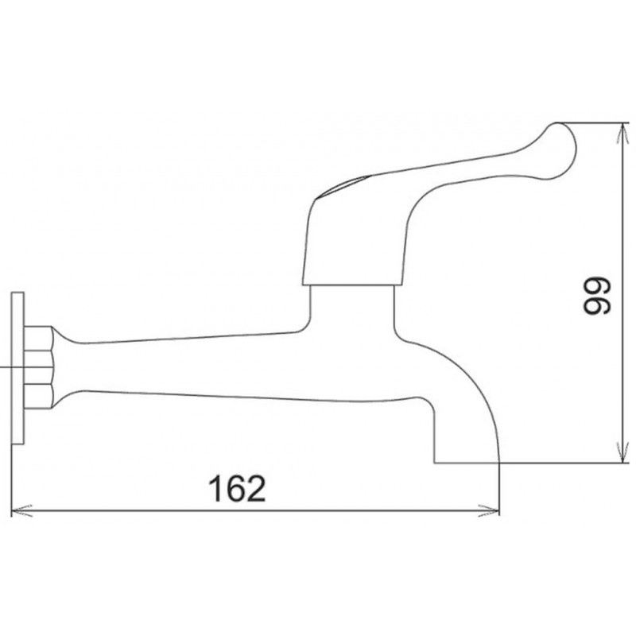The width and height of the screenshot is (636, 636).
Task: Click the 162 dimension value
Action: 237,489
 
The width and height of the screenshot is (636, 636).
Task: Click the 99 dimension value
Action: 596,295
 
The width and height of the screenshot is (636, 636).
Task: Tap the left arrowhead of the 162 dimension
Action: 22,510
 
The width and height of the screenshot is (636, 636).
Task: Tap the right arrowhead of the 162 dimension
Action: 489,510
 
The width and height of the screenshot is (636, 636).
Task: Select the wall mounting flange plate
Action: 17,368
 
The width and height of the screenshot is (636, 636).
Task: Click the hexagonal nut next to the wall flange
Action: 38,367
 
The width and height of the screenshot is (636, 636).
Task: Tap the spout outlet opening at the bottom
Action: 467,462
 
